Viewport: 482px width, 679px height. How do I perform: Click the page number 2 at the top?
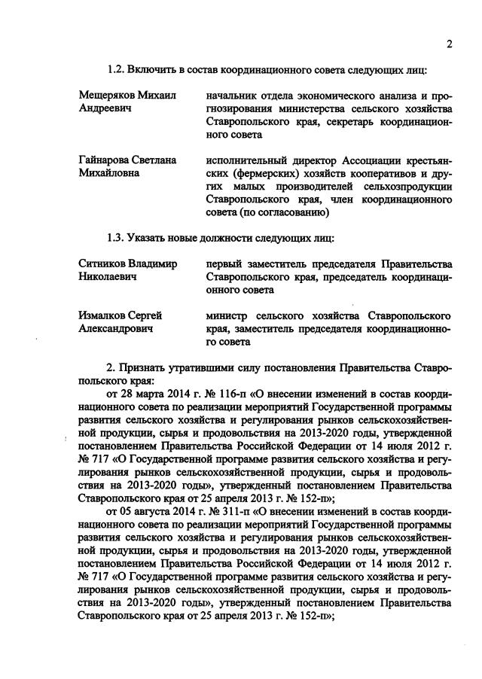tap(449, 44)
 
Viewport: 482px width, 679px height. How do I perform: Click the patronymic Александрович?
tap(114, 328)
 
